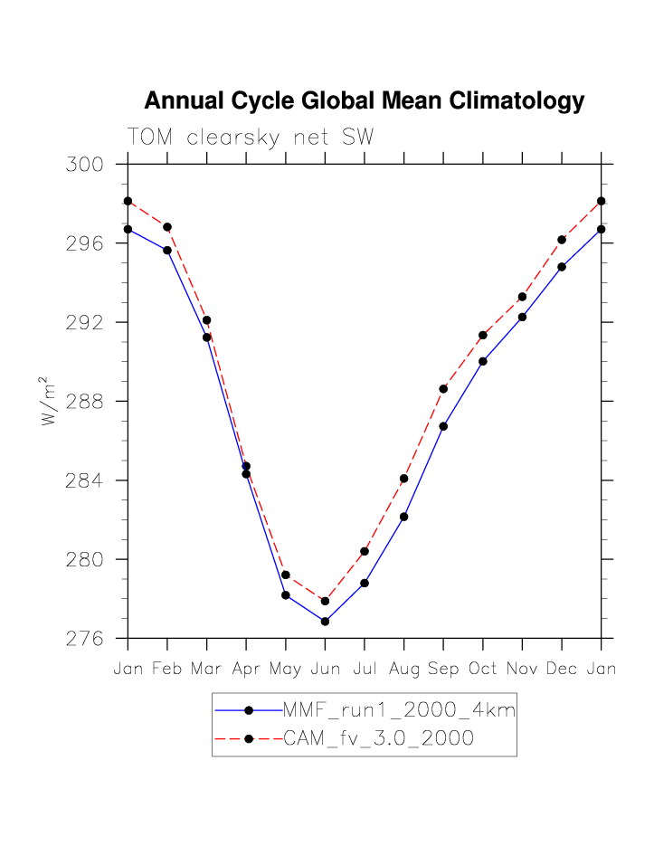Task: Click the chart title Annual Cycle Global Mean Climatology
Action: tap(364, 101)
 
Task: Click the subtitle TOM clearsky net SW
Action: tap(251, 137)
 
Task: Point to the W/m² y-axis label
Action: tap(50, 401)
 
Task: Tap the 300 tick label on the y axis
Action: tap(82, 165)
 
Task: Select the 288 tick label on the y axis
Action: tap(82, 402)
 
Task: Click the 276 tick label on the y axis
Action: tap(82, 639)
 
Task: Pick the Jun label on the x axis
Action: tap(325, 670)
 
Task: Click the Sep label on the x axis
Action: tap(443, 670)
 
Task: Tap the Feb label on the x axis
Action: tap(167, 670)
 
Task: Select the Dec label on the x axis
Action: tap(562, 670)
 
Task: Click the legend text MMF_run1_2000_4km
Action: tap(399, 710)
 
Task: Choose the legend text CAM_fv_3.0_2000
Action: tap(379, 738)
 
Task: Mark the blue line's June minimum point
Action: tap(325, 622)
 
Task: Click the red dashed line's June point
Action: tap(325, 601)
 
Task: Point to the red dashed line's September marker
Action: tap(443, 389)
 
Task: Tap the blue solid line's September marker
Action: tap(443, 426)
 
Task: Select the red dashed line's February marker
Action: tap(167, 227)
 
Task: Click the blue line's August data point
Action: tap(403, 517)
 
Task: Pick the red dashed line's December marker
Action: tap(562, 240)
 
